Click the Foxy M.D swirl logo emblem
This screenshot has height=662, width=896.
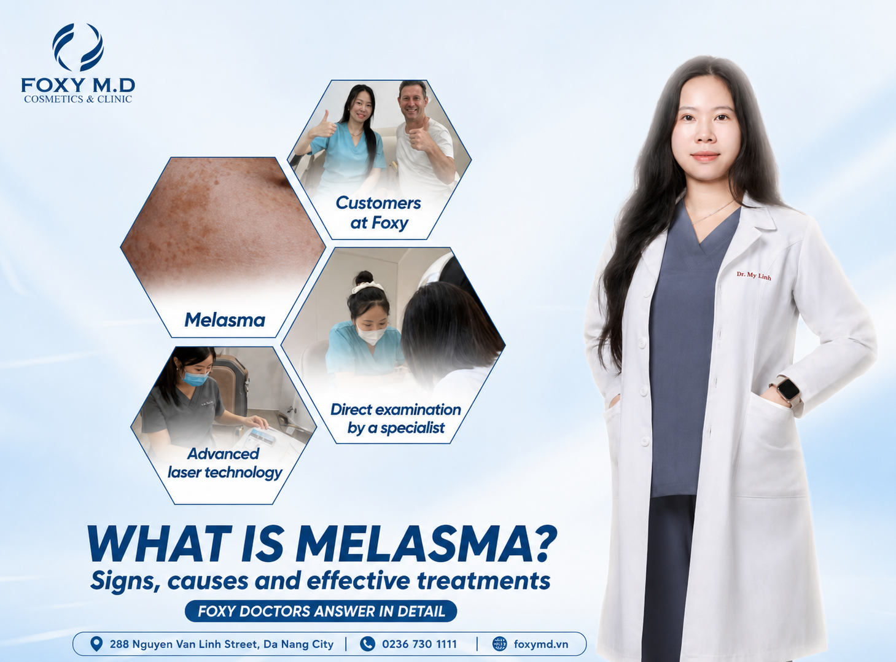[x=78, y=47]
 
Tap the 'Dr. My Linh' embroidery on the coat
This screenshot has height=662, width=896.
[x=754, y=276]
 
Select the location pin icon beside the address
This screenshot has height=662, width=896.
[x=96, y=644]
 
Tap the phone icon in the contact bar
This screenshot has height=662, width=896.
[x=367, y=644]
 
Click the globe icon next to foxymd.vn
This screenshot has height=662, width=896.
[x=500, y=644]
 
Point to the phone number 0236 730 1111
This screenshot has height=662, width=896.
[x=419, y=644]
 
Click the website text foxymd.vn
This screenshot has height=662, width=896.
[x=541, y=644]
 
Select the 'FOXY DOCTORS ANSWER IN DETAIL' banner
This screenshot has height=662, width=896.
[x=321, y=611]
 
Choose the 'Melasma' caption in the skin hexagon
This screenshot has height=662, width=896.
[x=225, y=321]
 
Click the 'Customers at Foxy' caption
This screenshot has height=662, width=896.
[x=378, y=213]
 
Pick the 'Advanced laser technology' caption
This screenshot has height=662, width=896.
[x=225, y=463]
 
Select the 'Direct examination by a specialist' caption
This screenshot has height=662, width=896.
[x=395, y=419]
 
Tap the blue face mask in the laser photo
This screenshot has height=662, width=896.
[x=195, y=378]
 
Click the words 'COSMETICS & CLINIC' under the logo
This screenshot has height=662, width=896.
[x=78, y=99]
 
